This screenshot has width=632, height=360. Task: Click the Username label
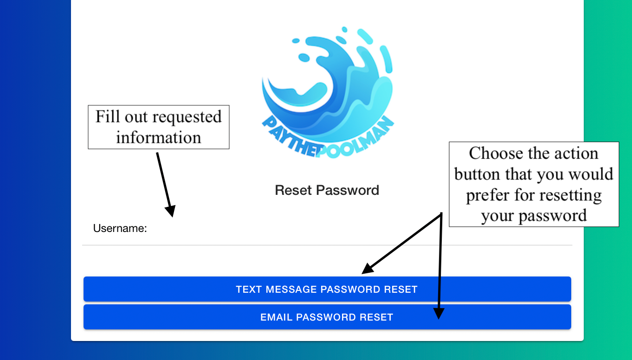coord(120,228)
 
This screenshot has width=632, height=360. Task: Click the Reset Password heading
coord(327,190)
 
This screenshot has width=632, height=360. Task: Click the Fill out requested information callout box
coord(159,127)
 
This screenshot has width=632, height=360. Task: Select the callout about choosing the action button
coord(534,184)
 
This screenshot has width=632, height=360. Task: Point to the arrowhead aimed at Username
coord(171,211)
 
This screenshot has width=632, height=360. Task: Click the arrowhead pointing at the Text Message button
coord(368,269)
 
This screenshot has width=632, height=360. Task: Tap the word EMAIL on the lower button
coord(276,317)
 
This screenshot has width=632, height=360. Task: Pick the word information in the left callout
coord(159,137)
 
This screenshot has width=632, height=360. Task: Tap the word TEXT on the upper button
coord(249,289)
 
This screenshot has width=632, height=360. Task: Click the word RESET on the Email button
coord(376,317)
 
